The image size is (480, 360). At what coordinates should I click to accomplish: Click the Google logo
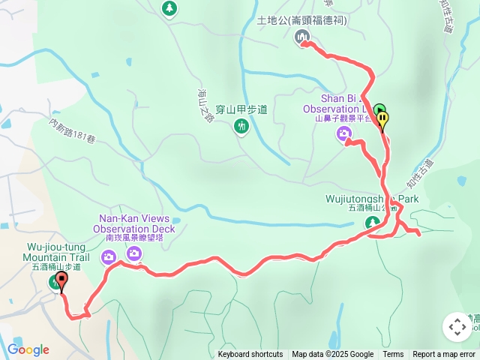click(x=28, y=349)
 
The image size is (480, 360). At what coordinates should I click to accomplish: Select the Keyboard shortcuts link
click(x=250, y=355)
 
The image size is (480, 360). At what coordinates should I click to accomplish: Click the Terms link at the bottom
click(x=393, y=355)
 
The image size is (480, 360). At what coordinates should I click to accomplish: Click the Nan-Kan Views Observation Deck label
click(x=135, y=223)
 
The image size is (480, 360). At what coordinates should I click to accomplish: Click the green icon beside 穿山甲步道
click(x=241, y=126)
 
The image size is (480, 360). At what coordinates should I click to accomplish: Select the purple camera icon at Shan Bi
click(x=344, y=134)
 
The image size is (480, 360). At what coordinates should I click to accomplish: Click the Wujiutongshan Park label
click(x=372, y=199)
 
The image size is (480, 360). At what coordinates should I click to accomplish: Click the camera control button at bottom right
click(x=457, y=327)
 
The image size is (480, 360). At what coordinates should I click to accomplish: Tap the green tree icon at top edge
click(x=170, y=8)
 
